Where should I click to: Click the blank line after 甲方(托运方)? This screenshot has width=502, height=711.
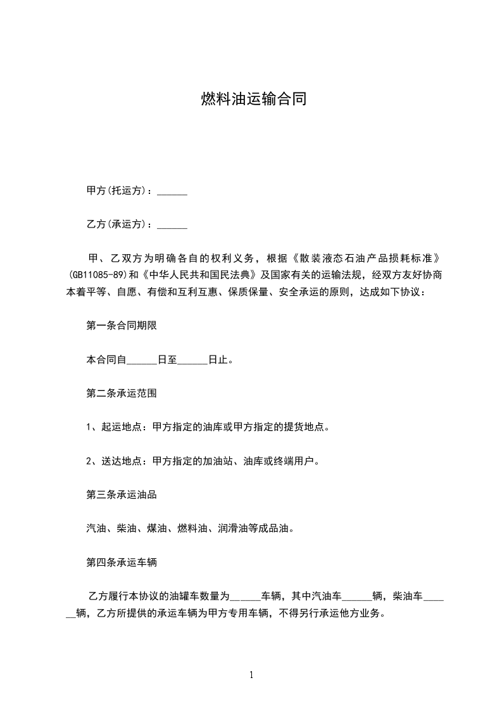click(172, 191)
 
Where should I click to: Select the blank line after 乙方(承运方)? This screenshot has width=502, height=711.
click(172, 225)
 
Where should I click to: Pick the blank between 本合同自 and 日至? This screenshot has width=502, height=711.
click(142, 361)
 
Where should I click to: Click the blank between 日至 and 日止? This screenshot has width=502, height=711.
click(192, 361)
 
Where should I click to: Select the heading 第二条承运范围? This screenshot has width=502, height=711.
click(122, 394)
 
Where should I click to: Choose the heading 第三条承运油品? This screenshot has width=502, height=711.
click(122, 494)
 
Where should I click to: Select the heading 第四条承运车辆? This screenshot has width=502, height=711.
click(122, 561)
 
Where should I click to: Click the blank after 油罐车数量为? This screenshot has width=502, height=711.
click(244, 596)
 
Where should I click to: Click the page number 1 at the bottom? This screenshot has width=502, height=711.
click(251, 675)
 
